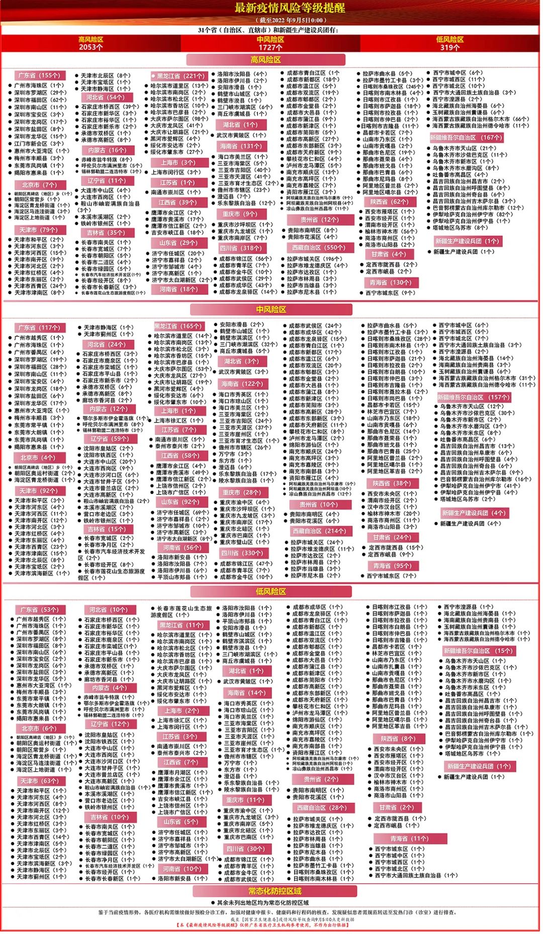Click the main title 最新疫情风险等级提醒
(x=290, y=8)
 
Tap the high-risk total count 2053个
(x=90, y=47)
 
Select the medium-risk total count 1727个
(x=270, y=47)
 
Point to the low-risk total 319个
(x=449, y=47)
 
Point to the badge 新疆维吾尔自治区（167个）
(x=466, y=137)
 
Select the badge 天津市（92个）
(x=38, y=490)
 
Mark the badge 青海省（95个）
(x=392, y=565)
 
